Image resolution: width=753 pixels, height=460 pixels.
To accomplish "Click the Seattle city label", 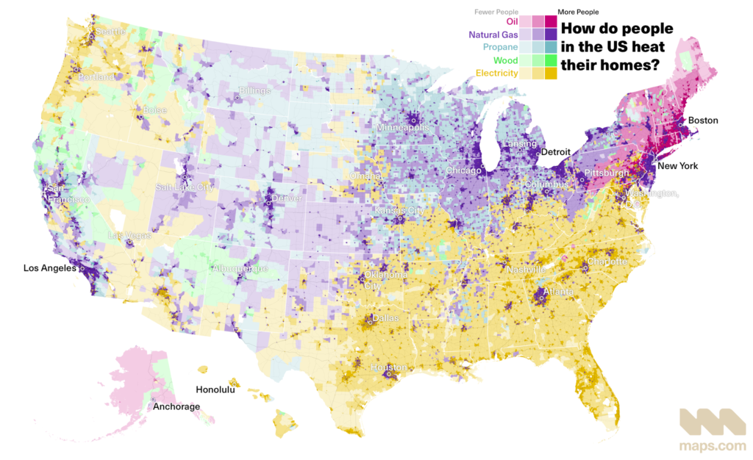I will click(109, 32).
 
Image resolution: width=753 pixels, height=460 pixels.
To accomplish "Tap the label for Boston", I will click(703, 121).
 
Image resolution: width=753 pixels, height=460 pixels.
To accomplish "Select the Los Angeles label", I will click(49, 269).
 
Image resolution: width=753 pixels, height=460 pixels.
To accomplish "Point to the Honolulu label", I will click(215, 390).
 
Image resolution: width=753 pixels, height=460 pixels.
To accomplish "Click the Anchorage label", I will click(176, 406).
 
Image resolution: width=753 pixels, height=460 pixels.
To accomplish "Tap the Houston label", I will click(388, 367).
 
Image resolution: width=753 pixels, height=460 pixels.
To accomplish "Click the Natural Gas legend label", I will click(493, 35).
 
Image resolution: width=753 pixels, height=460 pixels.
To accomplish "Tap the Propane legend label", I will click(500, 48).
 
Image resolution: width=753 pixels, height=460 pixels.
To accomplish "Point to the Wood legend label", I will click(506, 60).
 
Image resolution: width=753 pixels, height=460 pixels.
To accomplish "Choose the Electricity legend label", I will click(496, 73).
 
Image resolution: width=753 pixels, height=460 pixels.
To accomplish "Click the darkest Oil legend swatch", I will click(551, 22).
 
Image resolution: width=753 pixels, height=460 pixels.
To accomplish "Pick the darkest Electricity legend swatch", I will click(551, 73).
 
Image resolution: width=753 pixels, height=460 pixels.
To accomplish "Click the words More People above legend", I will click(578, 12).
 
